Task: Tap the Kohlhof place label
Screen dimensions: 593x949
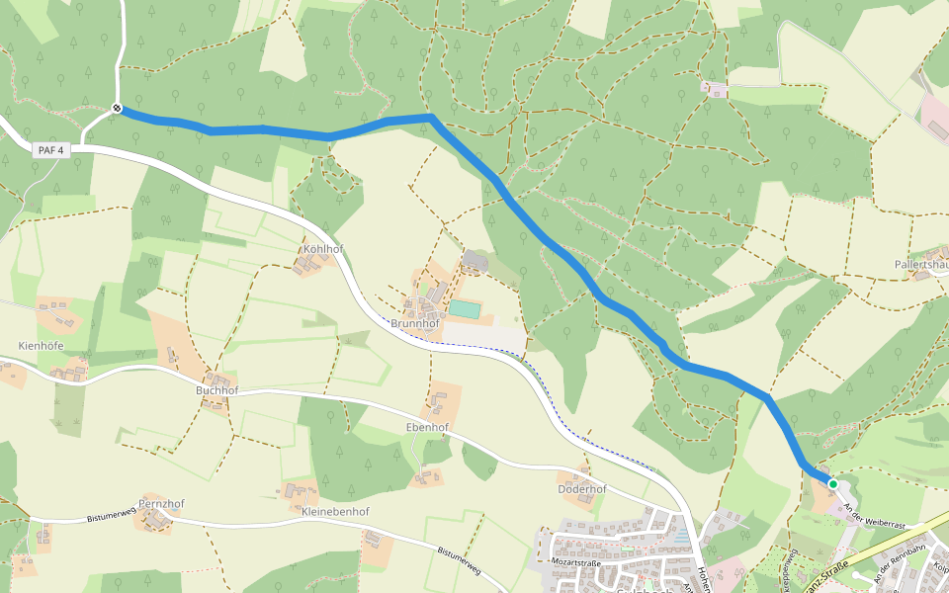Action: pyautogui.click(x=323, y=249)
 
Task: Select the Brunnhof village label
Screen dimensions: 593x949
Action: pyautogui.click(x=415, y=323)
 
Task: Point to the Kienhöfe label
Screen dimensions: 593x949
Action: pyautogui.click(x=41, y=345)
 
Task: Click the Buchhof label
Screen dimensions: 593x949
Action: pyautogui.click(x=216, y=390)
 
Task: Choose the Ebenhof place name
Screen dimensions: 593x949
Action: pyautogui.click(x=427, y=427)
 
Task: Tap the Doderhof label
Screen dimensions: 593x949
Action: pyautogui.click(x=581, y=488)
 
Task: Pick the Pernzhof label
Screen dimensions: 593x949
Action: pyautogui.click(x=162, y=503)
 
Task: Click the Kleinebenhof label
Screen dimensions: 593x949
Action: pyautogui.click(x=335, y=512)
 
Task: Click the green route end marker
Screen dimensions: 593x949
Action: pyautogui.click(x=833, y=484)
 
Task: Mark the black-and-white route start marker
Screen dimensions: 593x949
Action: pyautogui.click(x=117, y=109)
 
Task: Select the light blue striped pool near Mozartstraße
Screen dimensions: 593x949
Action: pyautogui.click(x=680, y=537)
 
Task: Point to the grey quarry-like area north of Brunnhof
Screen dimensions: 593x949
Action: pyautogui.click(x=474, y=261)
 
